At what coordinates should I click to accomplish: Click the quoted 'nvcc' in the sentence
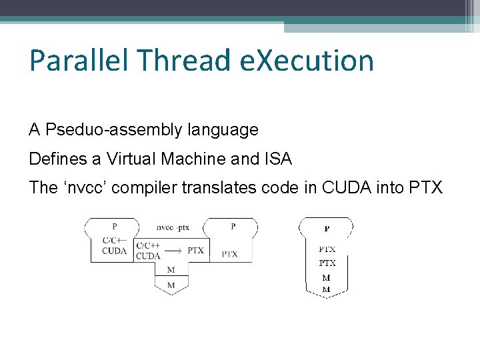click(84, 188)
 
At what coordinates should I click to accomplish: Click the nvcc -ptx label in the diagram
click(173, 227)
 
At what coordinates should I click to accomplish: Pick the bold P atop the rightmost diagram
click(327, 229)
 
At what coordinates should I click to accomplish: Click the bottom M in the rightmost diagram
click(327, 289)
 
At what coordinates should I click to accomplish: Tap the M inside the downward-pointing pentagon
click(171, 285)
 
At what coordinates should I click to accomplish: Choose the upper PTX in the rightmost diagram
click(327, 249)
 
